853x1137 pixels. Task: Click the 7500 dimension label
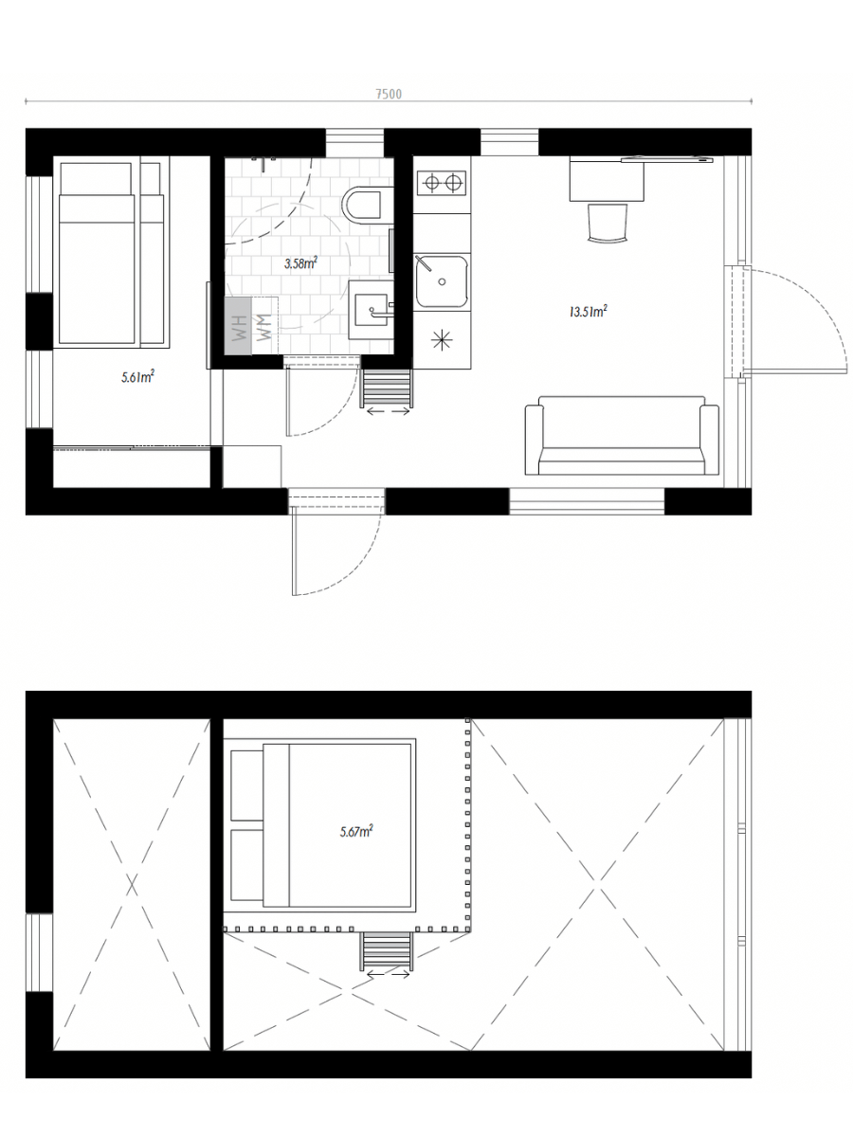pos(389,94)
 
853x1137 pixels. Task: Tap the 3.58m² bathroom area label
pos(300,263)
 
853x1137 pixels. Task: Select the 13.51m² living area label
pos(588,312)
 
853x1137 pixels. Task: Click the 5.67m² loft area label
pos(356,831)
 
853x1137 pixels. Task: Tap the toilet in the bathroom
pos(363,206)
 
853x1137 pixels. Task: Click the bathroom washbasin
pos(371,310)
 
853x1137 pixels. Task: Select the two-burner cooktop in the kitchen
pos(443,182)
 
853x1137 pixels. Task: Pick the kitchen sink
pos(442,280)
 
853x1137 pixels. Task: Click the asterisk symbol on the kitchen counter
pos(442,340)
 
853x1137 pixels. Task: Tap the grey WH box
pos(238,326)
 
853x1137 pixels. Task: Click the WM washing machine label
pos(264,327)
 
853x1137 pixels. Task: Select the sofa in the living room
pos(622,436)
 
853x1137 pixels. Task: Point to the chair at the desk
pos(608,223)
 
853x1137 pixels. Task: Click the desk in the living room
pos(607,179)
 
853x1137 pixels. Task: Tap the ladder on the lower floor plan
pos(387,388)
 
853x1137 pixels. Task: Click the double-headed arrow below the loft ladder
pos(388,975)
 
